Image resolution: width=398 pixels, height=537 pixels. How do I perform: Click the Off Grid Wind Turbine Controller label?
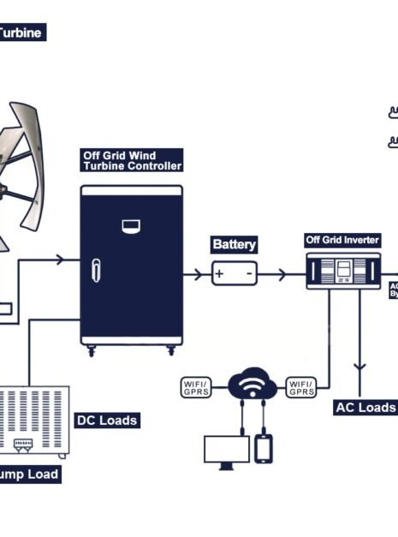click(132, 160)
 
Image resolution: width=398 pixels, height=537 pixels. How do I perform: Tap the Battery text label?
click(234, 244)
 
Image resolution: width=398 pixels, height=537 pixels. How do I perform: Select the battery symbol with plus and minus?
click(234, 274)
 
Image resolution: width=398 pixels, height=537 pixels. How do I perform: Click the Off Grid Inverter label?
click(342, 241)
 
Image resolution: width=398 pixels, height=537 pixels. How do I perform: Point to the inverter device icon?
click(343, 272)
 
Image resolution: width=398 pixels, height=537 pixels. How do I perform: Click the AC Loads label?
click(365, 407)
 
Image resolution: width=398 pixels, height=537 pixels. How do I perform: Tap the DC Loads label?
click(107, 420)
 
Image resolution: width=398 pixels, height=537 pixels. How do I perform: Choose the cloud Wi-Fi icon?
click(251, 386)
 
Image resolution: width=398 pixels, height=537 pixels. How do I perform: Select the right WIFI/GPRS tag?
click(300, 387)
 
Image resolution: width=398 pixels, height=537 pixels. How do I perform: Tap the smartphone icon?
click(264, 448)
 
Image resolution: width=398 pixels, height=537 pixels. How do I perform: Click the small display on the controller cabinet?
click(131, 226)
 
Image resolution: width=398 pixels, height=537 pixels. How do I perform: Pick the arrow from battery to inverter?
click(282, 275)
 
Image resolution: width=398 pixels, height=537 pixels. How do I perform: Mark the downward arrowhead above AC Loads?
click(360, 366)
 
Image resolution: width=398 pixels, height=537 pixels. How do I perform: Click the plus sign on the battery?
click(220, 274)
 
